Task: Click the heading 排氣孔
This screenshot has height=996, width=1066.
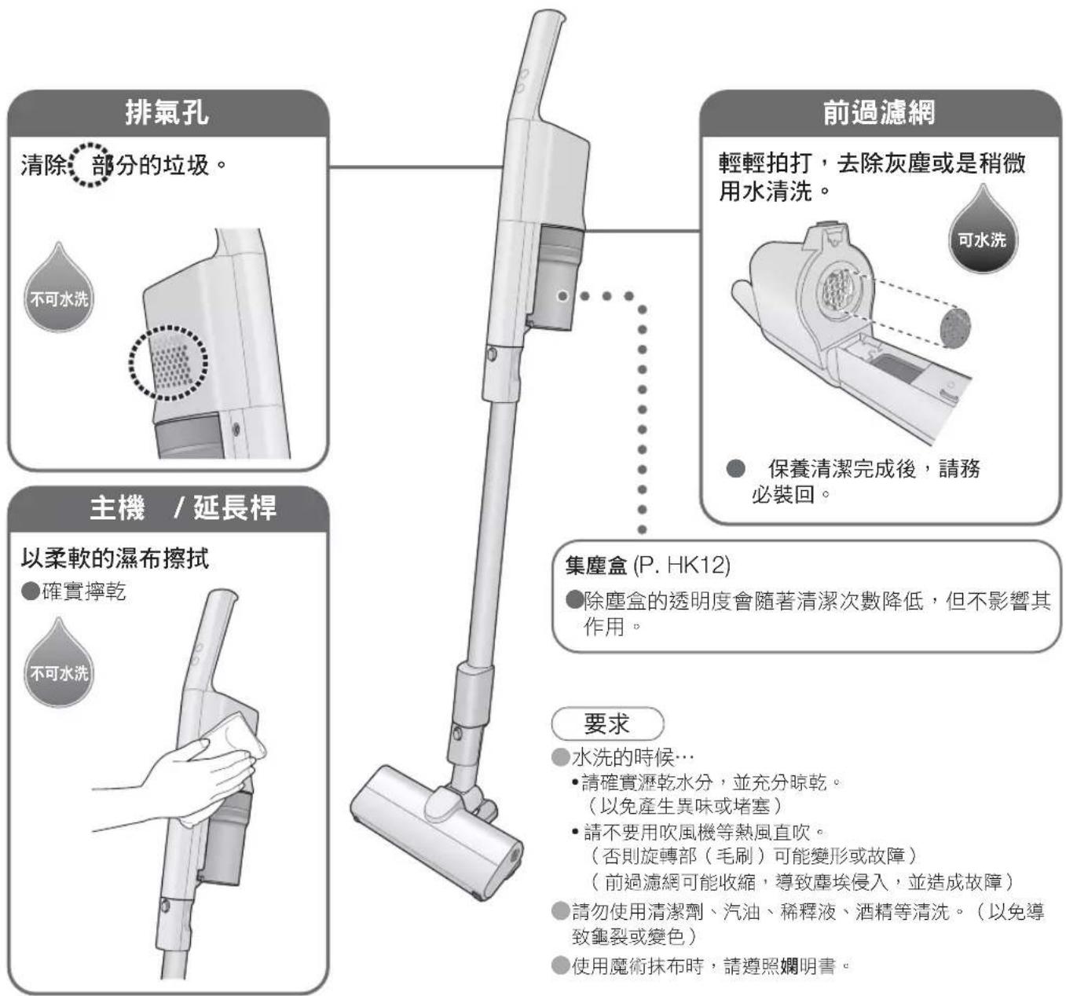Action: (x=167, y=113)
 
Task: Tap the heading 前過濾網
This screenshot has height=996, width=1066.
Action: (x=879, y=113)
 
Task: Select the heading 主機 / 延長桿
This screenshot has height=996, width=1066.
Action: (x=182, y=507)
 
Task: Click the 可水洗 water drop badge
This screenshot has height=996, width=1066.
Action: (x=982, y=231)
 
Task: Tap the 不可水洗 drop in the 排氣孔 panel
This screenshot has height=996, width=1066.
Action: (x=59, y=290)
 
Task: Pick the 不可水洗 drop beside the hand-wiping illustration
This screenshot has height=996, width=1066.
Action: (x=59, y=665)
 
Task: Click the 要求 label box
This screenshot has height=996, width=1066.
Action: (x=607, y=723)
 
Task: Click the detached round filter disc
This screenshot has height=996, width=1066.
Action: (x=955, y=327)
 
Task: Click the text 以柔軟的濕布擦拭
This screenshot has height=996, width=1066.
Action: (x=115, y=559)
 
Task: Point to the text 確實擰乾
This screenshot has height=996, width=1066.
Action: (x=84, y=591)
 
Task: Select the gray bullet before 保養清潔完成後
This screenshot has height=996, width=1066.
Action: (x=735, y=469)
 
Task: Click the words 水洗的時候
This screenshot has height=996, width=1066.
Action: (x=623, y=758)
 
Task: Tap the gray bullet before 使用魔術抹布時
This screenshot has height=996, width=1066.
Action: (x=560, y=966)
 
